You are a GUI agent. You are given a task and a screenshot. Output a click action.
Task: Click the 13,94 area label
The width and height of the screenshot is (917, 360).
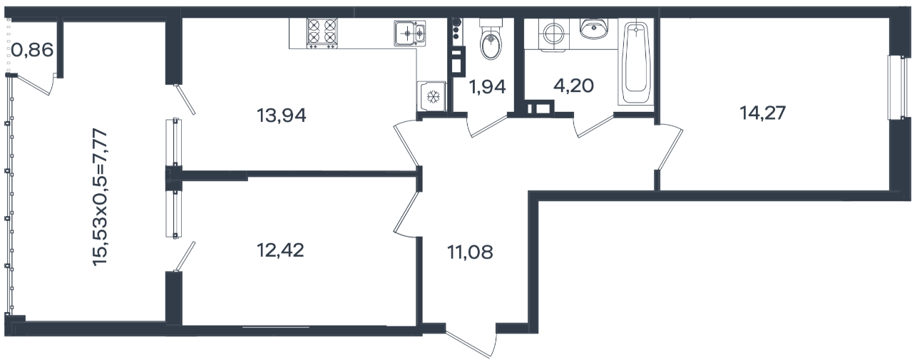point(282,115)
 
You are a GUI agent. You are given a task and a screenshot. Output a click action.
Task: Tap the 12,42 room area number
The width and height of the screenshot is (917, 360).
point(280,250)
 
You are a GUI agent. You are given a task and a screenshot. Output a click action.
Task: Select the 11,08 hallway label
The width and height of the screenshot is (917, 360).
point(470,252)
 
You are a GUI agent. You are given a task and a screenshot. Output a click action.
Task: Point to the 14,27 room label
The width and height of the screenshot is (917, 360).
point(763,113)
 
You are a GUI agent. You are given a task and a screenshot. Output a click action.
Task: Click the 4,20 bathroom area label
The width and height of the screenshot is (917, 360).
point(573,86)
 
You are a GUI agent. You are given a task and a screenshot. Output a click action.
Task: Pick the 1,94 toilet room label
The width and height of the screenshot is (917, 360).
point(487,87)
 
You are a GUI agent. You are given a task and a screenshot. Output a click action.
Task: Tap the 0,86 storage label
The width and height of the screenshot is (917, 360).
point(32,50)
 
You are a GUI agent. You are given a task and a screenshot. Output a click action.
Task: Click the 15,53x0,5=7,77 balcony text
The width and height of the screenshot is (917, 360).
point(101,197)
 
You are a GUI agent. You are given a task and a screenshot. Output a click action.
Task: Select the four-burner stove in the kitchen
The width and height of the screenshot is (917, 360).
point(322,34)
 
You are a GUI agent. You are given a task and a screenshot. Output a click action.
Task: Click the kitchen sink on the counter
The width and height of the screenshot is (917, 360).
point(410,33)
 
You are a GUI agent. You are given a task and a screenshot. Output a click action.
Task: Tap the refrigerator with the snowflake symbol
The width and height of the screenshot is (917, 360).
point(431,96)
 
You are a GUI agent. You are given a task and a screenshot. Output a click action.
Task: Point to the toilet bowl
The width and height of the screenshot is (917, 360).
point(491,40)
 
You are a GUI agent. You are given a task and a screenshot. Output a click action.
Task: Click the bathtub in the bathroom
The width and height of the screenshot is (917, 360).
point(636,63)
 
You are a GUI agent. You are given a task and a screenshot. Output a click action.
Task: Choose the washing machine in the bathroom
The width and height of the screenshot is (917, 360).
point(553,36)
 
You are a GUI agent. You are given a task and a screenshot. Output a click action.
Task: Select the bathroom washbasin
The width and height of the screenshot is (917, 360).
point(594,29)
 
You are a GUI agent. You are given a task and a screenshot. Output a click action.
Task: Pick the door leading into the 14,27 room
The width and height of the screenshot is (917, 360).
point(670,146)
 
